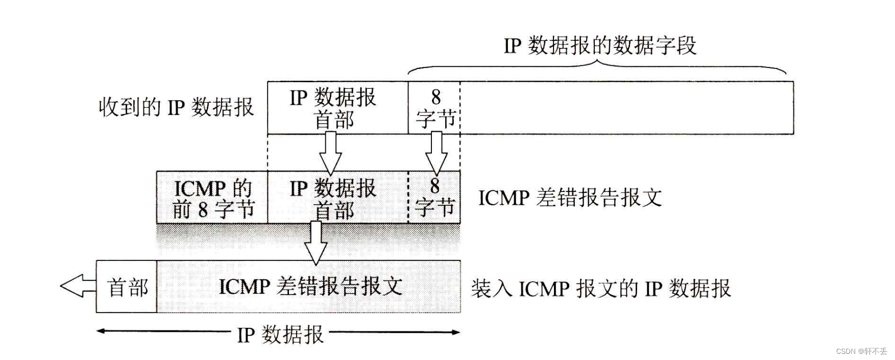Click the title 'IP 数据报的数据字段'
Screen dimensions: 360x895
tap(600, 46)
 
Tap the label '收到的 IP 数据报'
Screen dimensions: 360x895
tap(176, 108)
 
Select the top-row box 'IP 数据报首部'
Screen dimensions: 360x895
tap(337, 108)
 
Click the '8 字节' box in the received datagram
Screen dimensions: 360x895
tap(434, 108)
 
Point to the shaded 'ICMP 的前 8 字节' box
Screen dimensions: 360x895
tap(212, 198)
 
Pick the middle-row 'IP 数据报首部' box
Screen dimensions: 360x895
tap(337, 198)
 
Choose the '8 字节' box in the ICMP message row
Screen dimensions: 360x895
tap(434, 198)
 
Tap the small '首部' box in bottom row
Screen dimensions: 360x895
tap(127, 287)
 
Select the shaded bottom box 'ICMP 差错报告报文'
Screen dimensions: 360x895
tap(309, 287)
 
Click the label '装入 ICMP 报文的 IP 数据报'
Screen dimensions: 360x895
tap(600, 289)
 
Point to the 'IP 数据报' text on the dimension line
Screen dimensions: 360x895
tap(280, 335)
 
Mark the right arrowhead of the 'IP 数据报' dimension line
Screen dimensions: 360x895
tap(455, 332)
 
